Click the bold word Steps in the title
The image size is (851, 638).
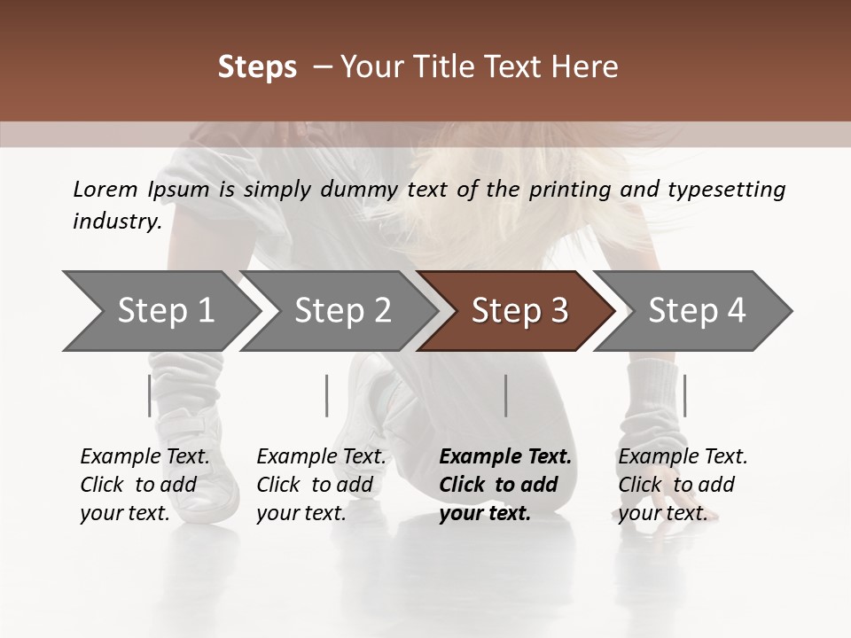click(257, 67)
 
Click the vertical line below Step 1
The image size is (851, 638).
click(149, 395)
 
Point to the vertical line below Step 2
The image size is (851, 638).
click(327, 395)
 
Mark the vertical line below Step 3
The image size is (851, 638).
click(505, 395)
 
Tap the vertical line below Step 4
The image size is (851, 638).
click(684, 395)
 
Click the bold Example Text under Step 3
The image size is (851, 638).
click(505, 457)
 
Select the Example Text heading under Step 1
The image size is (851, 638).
click(144, 457)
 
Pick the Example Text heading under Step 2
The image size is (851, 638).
click(321, 457)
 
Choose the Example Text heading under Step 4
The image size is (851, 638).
click(683, 457)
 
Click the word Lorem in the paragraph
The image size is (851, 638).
click(105, 190)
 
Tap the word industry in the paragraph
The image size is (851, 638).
click(117, 222)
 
